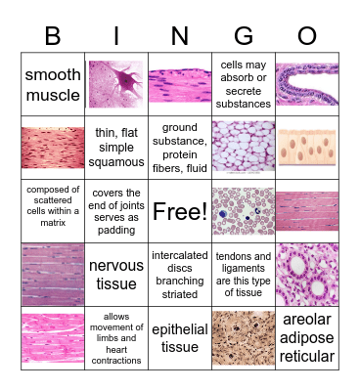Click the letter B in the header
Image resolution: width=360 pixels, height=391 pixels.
pos(53,35)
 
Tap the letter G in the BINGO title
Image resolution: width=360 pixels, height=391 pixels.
pos(244,35)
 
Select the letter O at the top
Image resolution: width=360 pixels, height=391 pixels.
pos(307,35)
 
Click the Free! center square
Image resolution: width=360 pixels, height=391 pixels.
pos(180,211)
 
